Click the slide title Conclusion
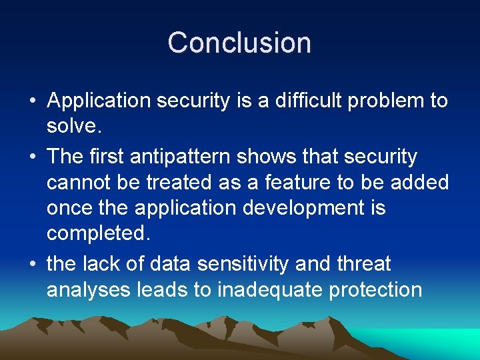click(x=239, y=43)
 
